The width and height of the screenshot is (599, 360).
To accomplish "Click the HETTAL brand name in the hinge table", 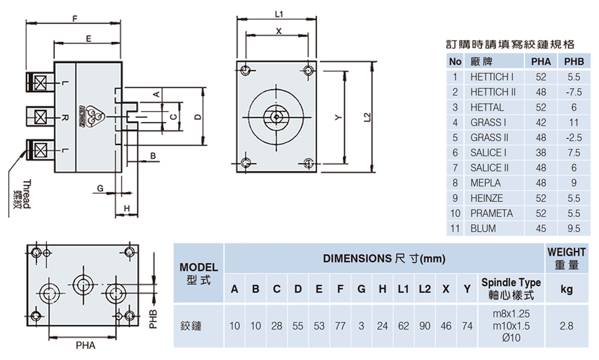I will [487, 107].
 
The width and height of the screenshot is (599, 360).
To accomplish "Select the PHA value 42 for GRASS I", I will [541, 123].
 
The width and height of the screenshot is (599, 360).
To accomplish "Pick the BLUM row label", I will [483, 228].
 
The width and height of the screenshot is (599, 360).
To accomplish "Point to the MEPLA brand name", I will [485, 183].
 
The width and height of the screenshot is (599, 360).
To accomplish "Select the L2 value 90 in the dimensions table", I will [425, 326].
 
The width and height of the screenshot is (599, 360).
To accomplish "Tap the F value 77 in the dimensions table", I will [340, 326].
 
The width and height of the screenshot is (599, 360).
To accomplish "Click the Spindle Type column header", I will [511, 288].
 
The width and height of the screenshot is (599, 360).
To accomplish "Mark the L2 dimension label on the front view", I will [367, 117].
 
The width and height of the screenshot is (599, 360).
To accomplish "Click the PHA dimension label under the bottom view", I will [85, 345].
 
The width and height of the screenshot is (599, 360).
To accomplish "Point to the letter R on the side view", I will [65, 117].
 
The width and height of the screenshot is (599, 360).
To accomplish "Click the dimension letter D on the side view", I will [197, 117].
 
